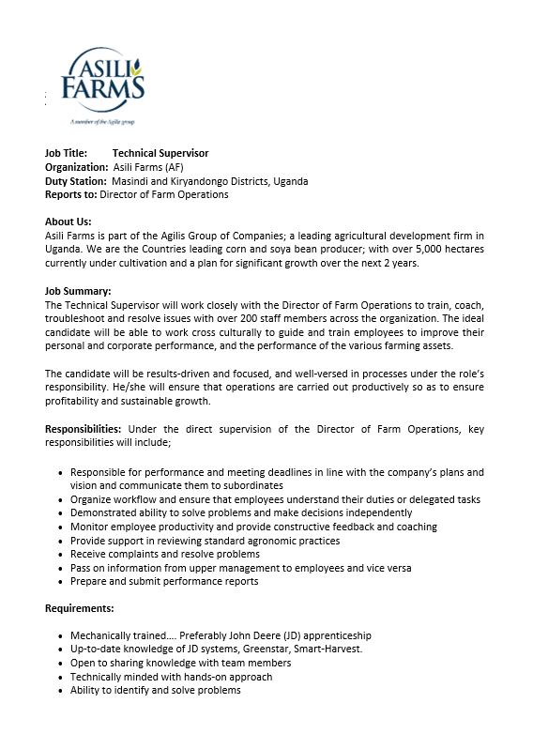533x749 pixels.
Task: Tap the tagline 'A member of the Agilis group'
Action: pos(102,122)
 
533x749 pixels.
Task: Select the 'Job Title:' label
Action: pos(66,153)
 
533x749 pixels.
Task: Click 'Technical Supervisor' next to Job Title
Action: pos(160,153)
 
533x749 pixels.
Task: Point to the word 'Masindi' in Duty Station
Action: pos(130,181)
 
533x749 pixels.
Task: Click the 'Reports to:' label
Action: pos(70,194)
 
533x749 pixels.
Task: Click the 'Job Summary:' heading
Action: pos(78,291)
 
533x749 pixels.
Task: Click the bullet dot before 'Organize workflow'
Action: pos(61,500)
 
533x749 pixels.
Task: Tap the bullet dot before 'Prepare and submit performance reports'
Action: pos(61,582)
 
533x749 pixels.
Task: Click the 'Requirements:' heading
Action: pos(79,608)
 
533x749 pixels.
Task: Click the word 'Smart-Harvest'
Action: pos(314,650)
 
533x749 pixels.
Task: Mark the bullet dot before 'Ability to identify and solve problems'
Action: pos(61,691)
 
